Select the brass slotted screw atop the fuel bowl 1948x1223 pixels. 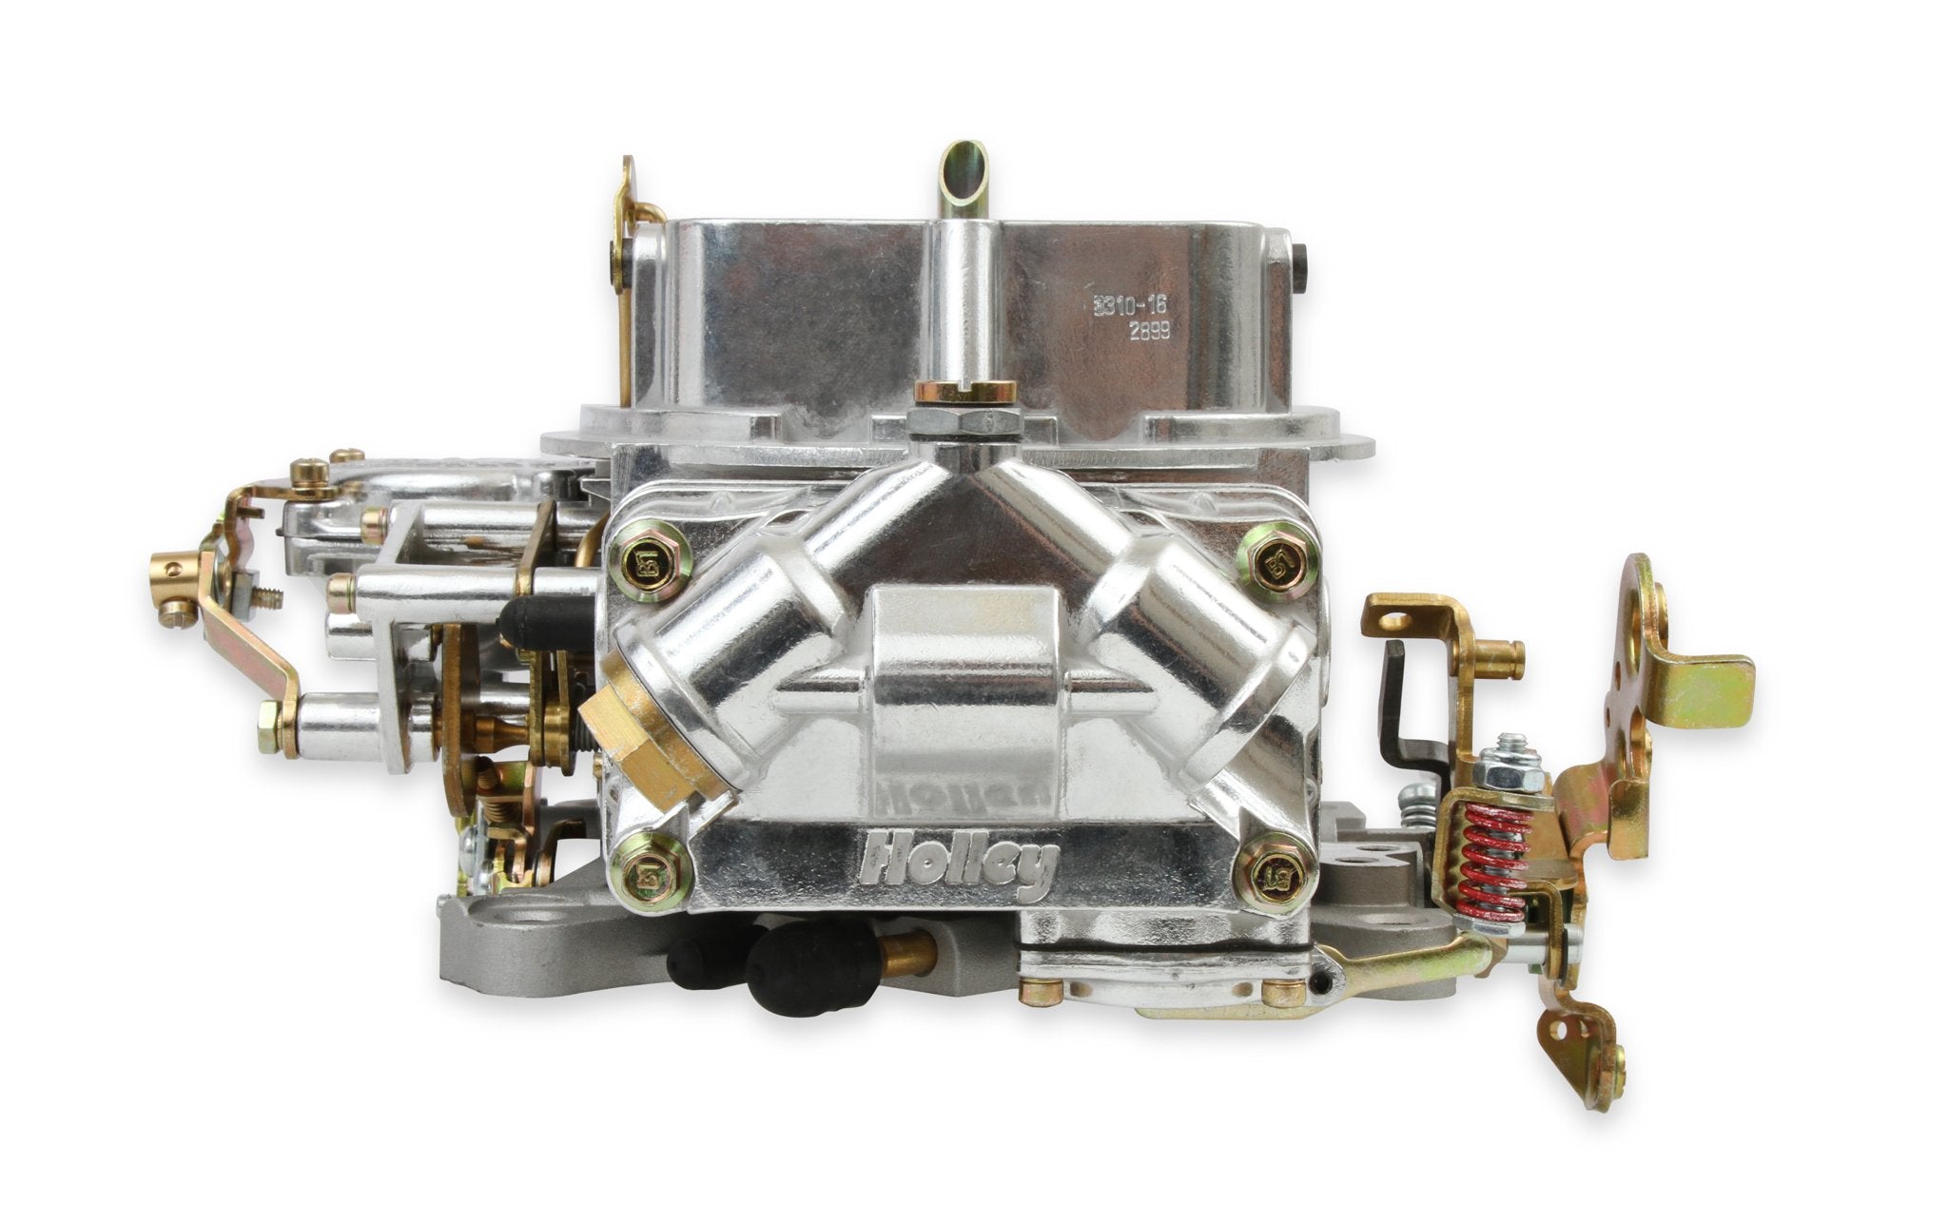tap(964, 391)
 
